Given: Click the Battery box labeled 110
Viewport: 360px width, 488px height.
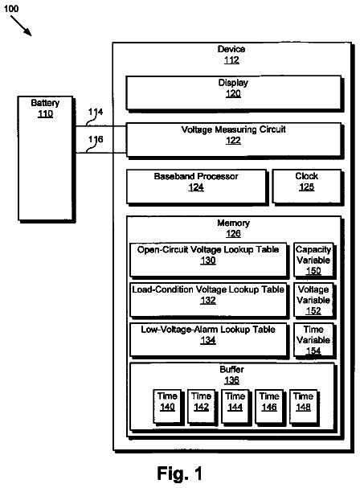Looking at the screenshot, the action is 46,158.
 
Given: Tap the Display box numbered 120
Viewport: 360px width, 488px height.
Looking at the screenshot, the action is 235,93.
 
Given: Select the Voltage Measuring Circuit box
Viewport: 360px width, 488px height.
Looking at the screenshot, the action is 235,141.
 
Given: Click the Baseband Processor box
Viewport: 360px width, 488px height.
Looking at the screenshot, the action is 197,187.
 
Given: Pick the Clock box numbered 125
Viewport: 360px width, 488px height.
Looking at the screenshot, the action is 308,187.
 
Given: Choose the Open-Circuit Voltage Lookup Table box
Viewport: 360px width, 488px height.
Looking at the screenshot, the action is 209,260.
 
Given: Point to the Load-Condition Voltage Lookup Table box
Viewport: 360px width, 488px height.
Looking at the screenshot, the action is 209,300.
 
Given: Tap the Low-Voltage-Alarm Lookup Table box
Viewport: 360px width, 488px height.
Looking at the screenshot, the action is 209,340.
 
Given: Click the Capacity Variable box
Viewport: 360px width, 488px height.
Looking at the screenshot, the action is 314,260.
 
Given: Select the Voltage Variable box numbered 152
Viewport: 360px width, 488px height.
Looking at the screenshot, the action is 314,300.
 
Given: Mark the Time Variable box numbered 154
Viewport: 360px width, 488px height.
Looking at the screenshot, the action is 314,340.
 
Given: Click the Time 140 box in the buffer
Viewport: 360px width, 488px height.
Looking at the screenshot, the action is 168,407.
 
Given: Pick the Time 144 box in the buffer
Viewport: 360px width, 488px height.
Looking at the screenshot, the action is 236,407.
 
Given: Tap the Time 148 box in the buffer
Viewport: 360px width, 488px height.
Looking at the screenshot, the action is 304,407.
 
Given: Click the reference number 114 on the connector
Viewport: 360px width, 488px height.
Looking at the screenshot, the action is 96,112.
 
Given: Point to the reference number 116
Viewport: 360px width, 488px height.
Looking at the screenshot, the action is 96,139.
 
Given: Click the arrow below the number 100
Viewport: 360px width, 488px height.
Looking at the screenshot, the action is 21,26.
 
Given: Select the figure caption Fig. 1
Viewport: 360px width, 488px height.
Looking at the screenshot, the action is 180,474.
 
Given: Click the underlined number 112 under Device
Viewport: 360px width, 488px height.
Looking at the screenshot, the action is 231,59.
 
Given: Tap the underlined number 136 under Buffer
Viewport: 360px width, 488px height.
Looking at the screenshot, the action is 231,380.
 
